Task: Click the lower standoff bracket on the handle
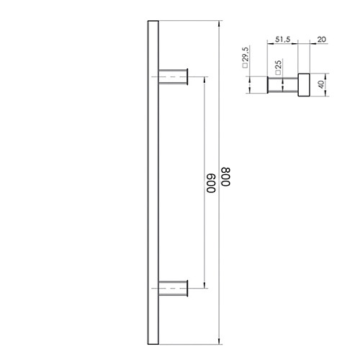[171, 289]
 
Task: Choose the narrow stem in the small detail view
[282, 84]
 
